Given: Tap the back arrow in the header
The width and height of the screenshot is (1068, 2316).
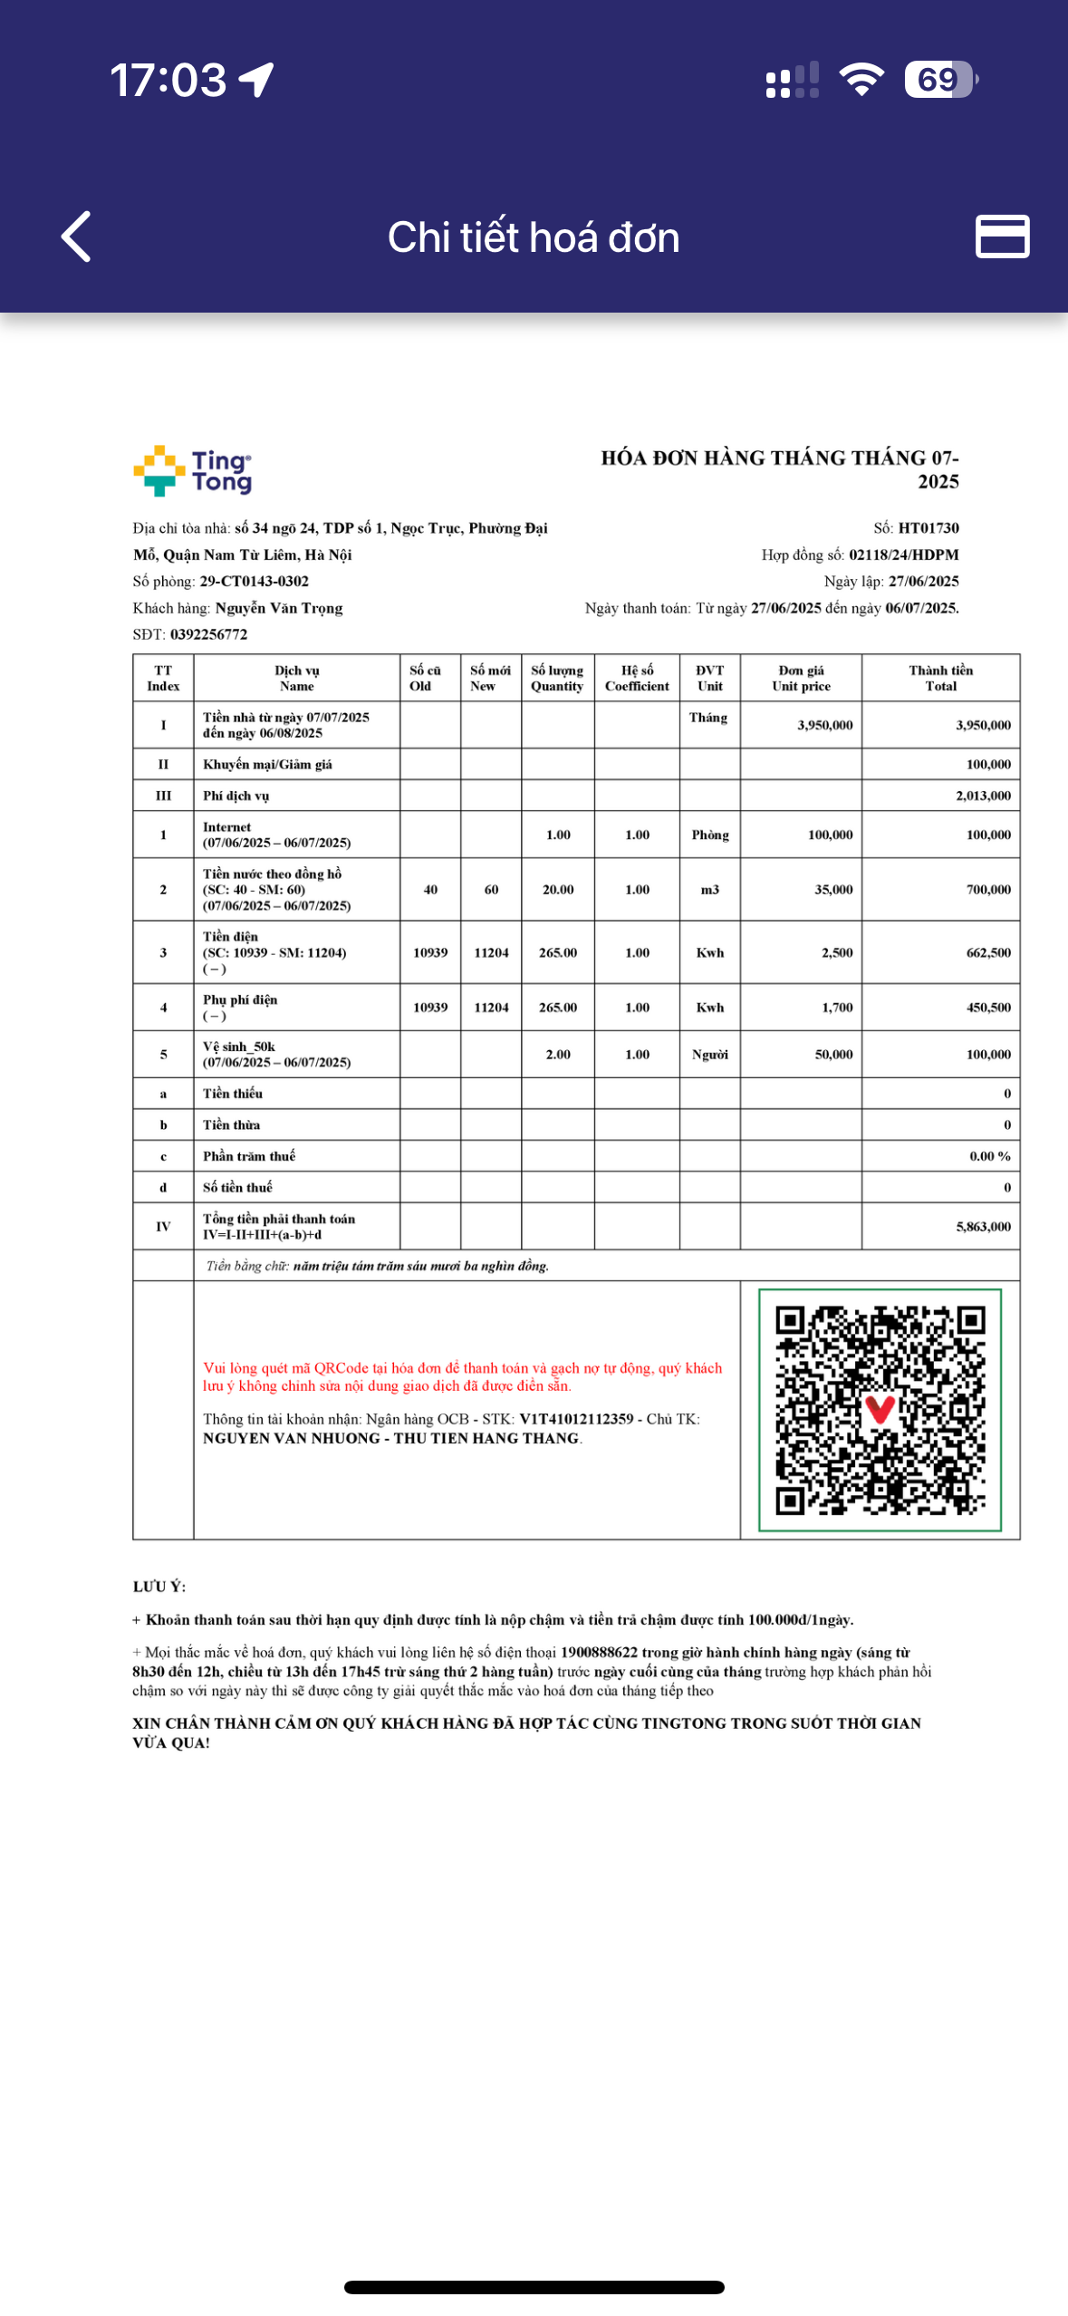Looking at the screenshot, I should tap(76, 236).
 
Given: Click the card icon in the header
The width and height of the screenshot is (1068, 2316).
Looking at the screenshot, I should tap(1002, 236).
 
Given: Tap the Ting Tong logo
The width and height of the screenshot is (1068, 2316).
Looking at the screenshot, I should tap(193, 471).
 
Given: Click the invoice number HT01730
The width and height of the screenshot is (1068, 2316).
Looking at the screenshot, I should tap(928, 528).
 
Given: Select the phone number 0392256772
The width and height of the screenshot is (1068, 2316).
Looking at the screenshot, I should tap(208, 634).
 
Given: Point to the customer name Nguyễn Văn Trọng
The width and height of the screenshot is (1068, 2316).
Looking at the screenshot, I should tap(279, 608).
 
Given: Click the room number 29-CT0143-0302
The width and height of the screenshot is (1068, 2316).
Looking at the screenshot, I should tap(254, 582).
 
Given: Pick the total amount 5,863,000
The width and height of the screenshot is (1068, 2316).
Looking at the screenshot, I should tap(983, 1226).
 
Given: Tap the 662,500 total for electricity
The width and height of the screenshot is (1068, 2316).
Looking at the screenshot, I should tap(987, 952).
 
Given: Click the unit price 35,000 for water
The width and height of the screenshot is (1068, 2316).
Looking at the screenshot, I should tap(832, 890).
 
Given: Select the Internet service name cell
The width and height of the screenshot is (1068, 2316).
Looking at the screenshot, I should tap(276, 835).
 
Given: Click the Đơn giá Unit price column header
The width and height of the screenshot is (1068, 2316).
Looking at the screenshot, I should tap(801, 678).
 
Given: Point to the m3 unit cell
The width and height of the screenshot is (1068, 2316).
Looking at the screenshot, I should tap(709, 890).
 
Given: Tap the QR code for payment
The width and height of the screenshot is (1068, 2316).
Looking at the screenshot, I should tap(880, 1410).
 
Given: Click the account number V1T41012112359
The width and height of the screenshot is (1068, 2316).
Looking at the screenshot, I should tap(576, 1419).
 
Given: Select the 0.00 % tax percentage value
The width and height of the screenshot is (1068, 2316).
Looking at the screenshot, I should tap(989, 1156).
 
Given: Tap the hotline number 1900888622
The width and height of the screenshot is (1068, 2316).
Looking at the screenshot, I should tap(599, 1653).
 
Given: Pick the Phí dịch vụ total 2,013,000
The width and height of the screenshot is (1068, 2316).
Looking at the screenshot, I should tap(983, 796).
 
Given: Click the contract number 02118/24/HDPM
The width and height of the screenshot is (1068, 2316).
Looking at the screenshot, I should tap(903, 555).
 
